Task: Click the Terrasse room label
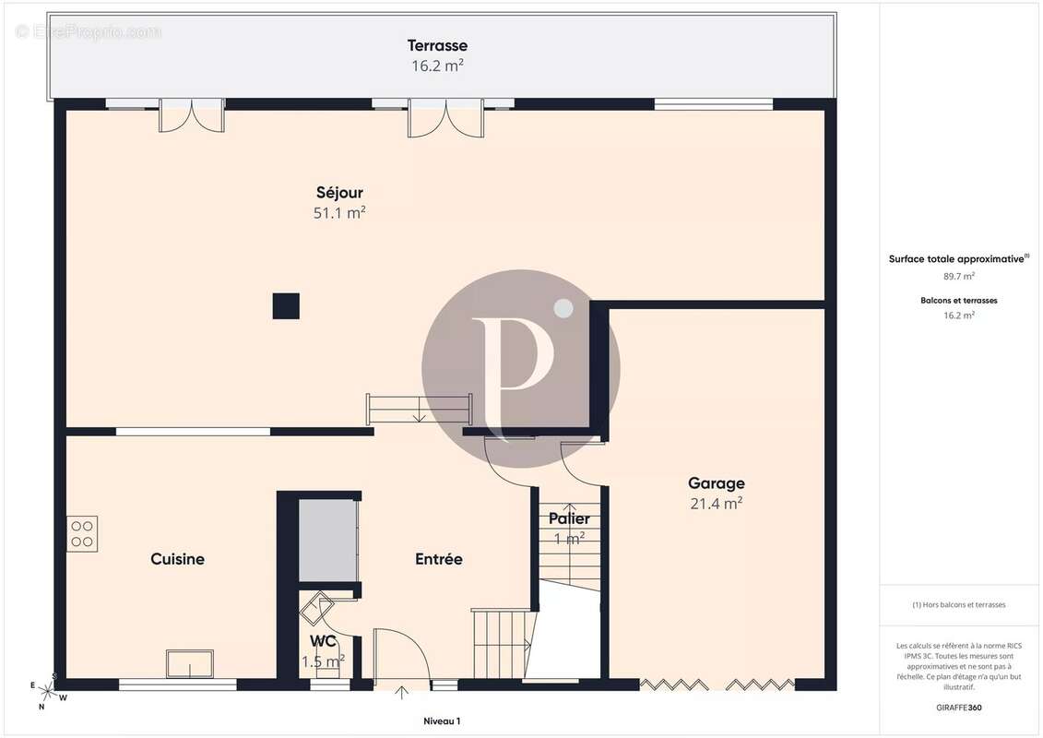(437, 45)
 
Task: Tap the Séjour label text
(339, 192)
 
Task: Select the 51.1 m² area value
(339, 212)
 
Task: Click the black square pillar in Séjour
(286, 306)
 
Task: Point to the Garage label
(717, 483)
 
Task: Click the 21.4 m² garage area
(717, 503)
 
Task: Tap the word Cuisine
(178, 559)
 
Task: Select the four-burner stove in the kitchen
(82, 534)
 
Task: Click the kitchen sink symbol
(190, 664)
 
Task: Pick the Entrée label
(439, 559)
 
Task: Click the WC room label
(323, 641)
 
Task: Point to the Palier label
(569, 518)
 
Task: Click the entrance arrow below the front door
(401, 693)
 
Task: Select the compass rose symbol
(46, 691)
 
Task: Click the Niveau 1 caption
(442, 720)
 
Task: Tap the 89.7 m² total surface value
(959, 276)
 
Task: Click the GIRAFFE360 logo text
(958, 708)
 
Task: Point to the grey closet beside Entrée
(328, 541)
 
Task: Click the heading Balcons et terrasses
(959, 300)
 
